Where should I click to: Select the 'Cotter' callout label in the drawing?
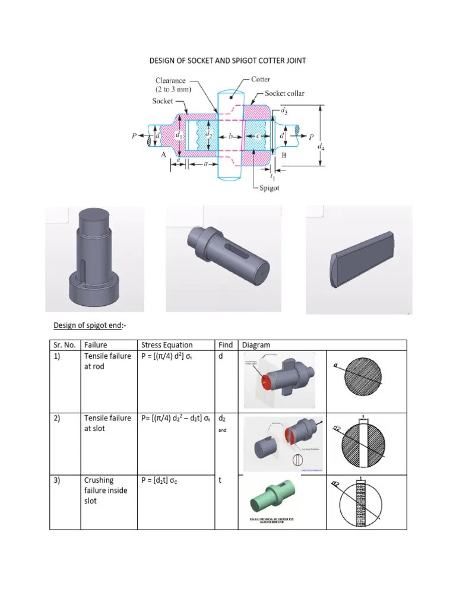[x=261, y=78]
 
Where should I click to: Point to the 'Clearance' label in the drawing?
[x=170, y=81]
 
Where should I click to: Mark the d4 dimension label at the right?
[x=321, y=147]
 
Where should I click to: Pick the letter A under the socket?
[x=162, y=155]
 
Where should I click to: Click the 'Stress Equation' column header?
[x=167, y=345]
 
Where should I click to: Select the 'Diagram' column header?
[x=256, y=345]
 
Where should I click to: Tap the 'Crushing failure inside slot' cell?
[x=106, y=490]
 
